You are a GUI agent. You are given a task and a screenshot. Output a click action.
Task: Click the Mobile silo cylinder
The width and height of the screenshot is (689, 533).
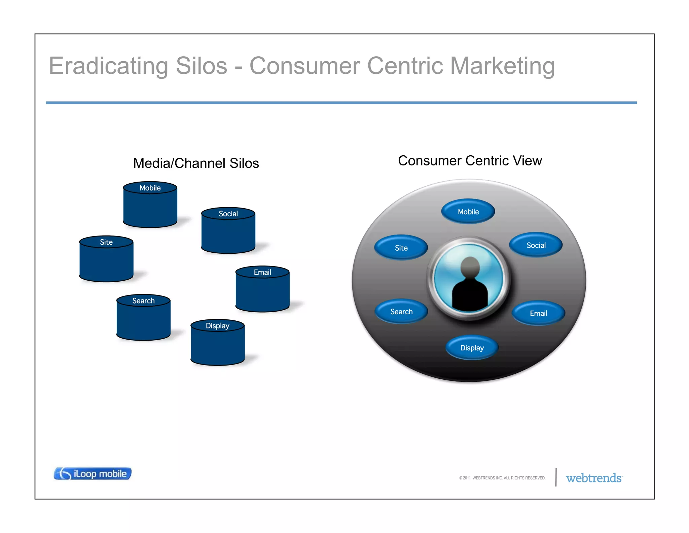click(x=150, y=205)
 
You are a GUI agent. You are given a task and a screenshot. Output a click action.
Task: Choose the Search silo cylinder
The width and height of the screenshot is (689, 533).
click(x=143, y=318)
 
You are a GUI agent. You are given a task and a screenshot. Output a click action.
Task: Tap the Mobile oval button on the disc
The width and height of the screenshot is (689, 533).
click(x=468, y=212)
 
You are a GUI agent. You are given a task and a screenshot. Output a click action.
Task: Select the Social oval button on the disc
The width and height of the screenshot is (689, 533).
click(x=536, y=245)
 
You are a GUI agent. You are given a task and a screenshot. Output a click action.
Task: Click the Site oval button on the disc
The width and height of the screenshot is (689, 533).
click(x=401, y=248)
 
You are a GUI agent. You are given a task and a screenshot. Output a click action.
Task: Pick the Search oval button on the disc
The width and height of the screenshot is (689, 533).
click(x=401, y=312)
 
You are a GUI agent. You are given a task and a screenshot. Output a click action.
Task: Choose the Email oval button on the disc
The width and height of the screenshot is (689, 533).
click(x=538, y=313)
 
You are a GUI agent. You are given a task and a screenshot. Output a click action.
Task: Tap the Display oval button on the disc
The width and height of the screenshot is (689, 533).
click(x=472, y=348)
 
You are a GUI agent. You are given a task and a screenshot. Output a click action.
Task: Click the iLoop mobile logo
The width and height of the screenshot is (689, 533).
click(x=93, y=474)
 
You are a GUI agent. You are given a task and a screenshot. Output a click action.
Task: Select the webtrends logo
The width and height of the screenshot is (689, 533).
click(x=594, y=478)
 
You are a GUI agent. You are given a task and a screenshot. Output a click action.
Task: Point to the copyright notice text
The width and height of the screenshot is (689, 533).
click(x=502, y=478)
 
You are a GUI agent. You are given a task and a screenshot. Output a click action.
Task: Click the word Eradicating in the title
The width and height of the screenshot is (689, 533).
click(x=108, y=66)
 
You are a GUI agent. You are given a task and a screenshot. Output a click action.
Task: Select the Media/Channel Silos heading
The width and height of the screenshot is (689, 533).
click(x=196, y=163)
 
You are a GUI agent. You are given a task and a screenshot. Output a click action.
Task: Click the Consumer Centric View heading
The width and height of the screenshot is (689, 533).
click(x=470, y=161)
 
